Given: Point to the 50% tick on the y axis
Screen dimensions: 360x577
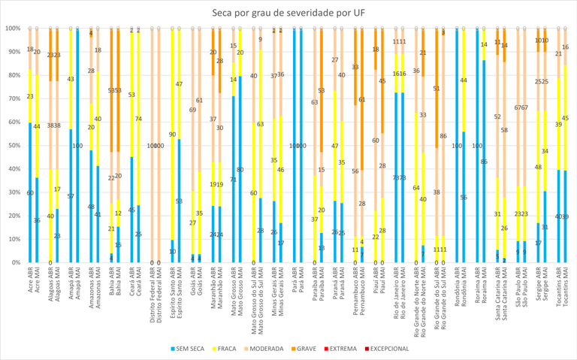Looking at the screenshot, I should [13, 146].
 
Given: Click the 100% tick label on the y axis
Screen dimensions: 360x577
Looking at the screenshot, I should [11, 29].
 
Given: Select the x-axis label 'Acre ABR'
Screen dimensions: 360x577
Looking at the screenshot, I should [30, 283].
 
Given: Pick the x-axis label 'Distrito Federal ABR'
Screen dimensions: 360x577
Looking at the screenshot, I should [153, 293].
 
